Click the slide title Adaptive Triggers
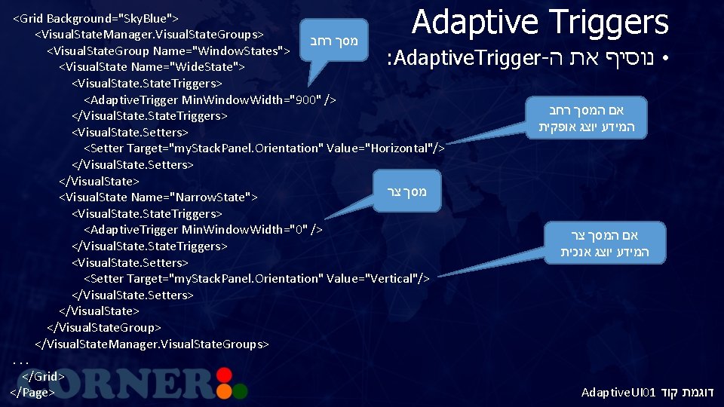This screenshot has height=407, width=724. [540, 22]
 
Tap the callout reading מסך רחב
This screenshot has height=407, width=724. [333, 40]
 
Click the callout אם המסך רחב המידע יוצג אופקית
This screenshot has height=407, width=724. [586, 117]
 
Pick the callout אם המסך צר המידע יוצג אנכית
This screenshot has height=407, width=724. [604, 243]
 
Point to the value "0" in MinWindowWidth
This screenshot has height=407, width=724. [301, 229]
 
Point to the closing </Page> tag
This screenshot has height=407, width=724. [32, 392]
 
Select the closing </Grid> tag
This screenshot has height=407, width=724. [43, 375]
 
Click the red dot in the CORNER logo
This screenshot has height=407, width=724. [222, 373]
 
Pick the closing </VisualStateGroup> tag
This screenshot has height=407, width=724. [104, 327]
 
